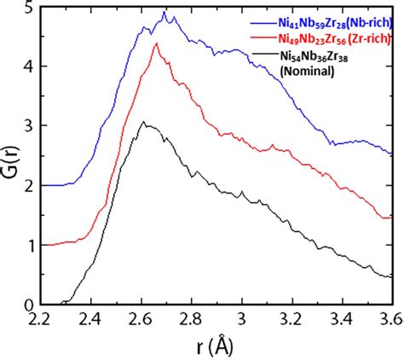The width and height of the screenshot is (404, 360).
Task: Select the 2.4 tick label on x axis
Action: click(93, 319)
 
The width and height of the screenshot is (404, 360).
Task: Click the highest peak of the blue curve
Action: click(164, 13)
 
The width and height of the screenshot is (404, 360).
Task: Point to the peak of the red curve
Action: click(156, 44)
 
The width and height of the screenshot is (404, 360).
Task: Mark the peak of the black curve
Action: click(145, 123)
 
